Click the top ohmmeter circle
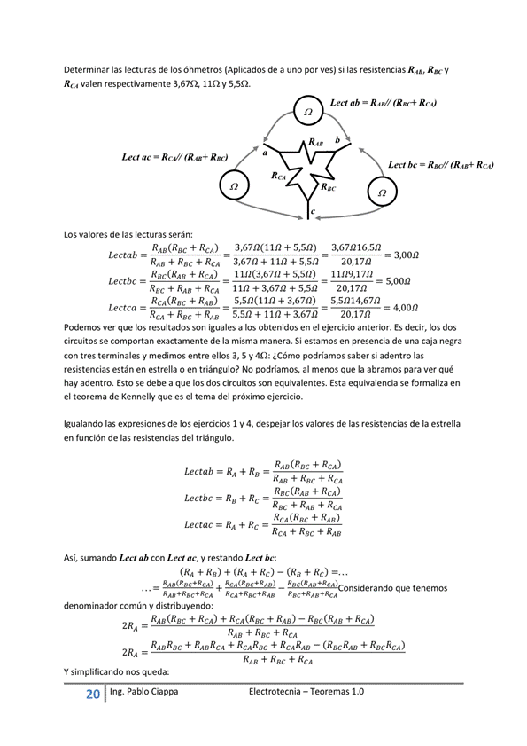(307, 113)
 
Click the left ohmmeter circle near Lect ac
(234, 186)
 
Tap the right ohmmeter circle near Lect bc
(382, 192)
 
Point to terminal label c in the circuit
(313, 210)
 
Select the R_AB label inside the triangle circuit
(315, 142)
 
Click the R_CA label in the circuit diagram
(279, 176)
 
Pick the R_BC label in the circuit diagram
(328, 186)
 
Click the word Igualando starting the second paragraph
(87, 423)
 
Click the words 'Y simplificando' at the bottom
(96, 671)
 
